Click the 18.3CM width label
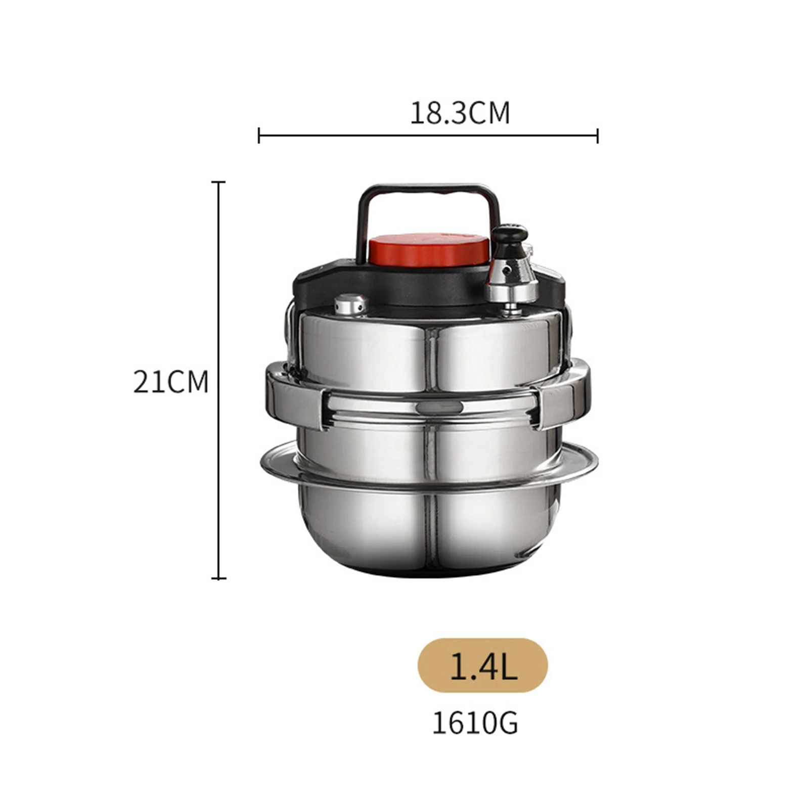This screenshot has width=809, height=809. click(x=459, y=113)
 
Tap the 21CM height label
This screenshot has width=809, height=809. click(x=170, y=382)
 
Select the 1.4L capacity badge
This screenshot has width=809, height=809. click(x=482, y=665)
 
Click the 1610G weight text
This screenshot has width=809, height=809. click(x=475, y=724)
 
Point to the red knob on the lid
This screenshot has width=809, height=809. click(x=428, y=250)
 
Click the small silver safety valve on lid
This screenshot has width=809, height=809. click(x=350, y=305)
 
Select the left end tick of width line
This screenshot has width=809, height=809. click(x=259, y=136)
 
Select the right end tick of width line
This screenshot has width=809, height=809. click(x=598, y=136)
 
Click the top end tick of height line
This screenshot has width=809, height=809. click(x=218, y=182)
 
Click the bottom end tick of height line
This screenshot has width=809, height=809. click(x=218, y=578)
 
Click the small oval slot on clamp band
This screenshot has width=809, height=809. click(x=439, y=408)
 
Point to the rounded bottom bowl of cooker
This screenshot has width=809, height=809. click(x=430, y=531)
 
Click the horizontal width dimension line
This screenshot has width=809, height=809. click(x=427, y=136)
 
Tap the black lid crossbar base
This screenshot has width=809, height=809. click(x=384, y=288)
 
